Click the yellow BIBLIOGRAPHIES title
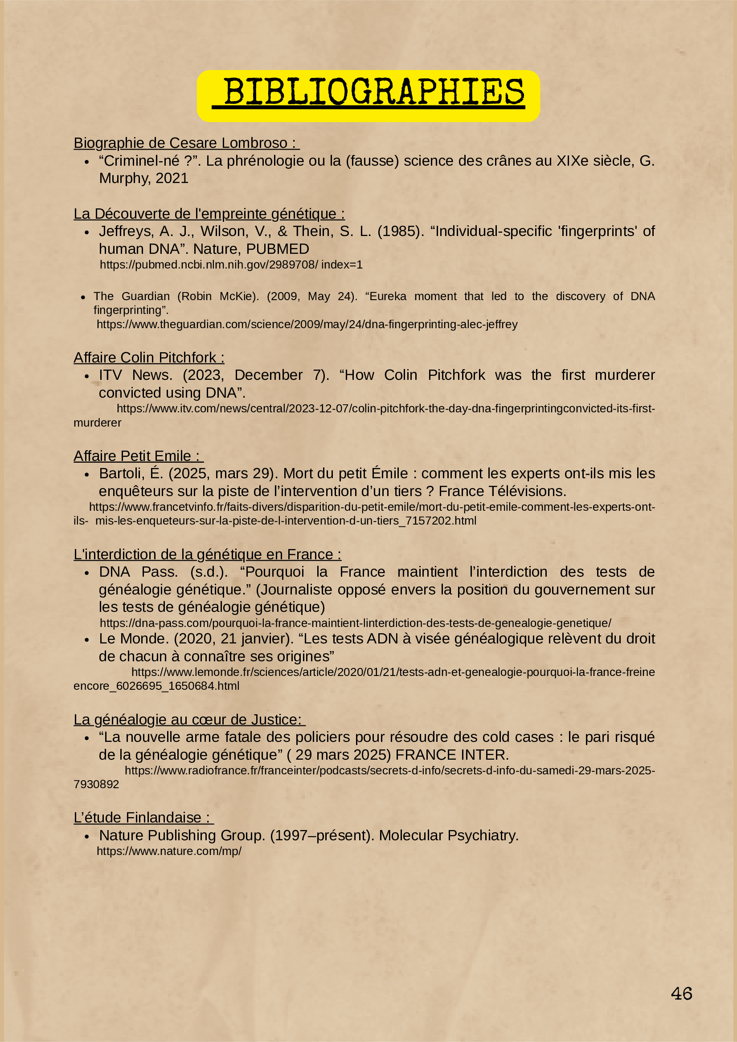368,94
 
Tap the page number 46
681,993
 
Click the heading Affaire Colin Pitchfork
148,358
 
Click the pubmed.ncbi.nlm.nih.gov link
231,265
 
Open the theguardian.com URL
307,324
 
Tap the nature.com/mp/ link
169,851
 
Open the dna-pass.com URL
355,623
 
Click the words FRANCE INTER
452,755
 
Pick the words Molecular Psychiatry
449,835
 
